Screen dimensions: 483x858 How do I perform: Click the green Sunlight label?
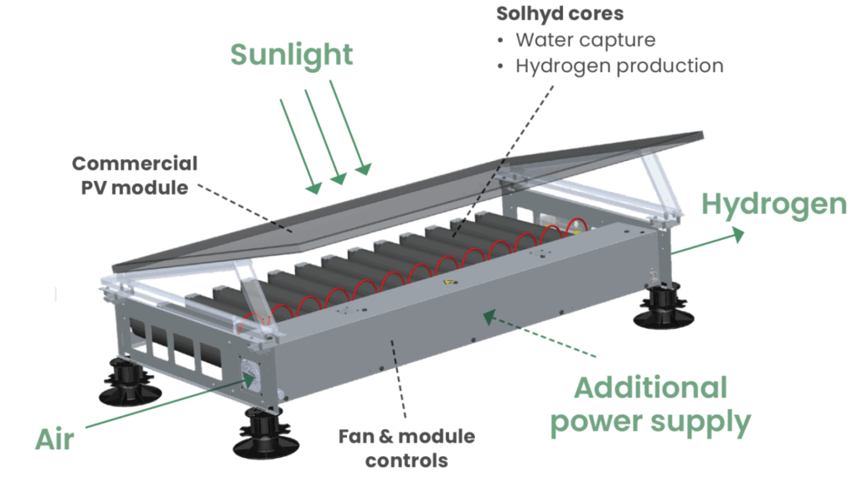pos(292,55)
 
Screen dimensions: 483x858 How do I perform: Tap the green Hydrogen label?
pos(774,204)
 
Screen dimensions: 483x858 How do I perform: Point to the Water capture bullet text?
pos(585,39)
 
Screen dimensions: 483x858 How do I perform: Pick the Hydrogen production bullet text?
pos(619,65)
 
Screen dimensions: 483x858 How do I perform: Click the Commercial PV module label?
pos(135,175)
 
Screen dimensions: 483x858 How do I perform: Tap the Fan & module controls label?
pos(406,448)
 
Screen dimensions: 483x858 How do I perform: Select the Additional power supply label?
pos(649,405)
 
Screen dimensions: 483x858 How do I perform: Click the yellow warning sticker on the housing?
pos(444,285)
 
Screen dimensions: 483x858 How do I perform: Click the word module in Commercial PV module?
pos(158,187)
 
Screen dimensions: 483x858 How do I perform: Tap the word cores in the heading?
pos(601,14)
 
